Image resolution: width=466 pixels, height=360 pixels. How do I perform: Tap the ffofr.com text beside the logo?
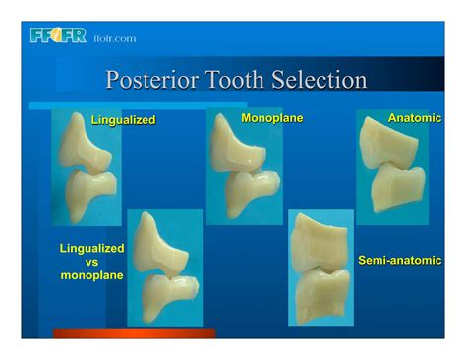pos(115,39)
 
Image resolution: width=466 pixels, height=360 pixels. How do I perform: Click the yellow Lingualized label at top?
pos(124,120)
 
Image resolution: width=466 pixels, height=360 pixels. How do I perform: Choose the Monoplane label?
pos(271,118)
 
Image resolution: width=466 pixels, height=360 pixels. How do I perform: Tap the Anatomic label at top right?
pos(415,118)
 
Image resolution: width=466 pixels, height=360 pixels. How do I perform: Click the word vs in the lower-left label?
pos(92,263)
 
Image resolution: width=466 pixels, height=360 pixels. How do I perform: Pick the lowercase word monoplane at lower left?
pos(92,276)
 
